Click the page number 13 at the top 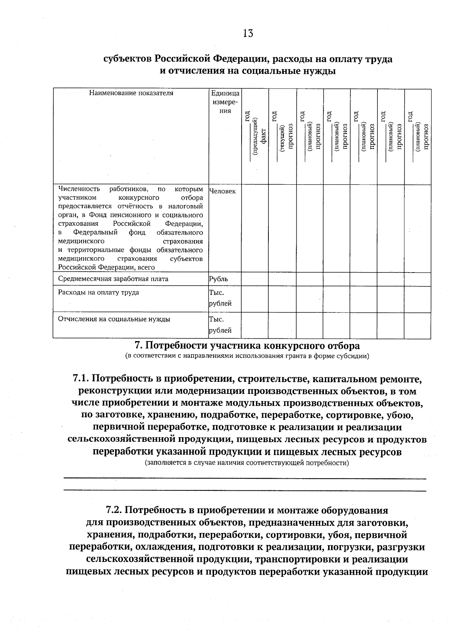[248, 34]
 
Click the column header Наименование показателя [131, 93]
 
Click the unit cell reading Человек [222, 191]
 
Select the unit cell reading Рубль [219, 279]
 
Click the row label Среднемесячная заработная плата [113, 279]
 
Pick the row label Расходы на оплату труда [99, 292]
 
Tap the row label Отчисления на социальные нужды [114, 320]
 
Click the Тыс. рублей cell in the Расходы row [220, 298]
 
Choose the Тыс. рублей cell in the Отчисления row [220, 325]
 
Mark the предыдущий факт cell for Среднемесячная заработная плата [255, 279]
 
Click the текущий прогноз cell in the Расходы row [282, 299]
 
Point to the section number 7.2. [114, 510]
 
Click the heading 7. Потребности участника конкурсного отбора [247, 346]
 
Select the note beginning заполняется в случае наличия [247, 463]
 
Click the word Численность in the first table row [79, 189]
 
